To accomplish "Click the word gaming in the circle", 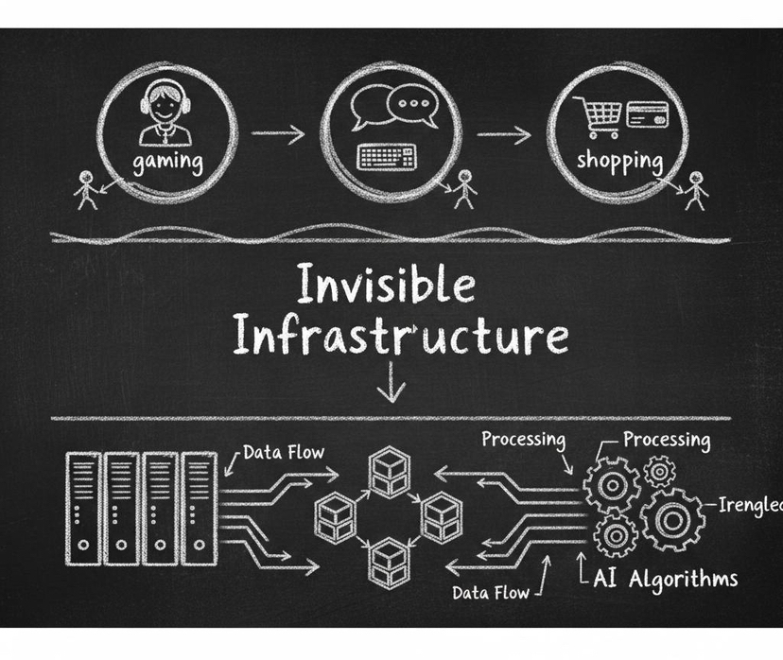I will click(167, 160).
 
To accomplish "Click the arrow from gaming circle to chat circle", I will click(278, 134).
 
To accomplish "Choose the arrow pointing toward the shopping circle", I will click(503, 134).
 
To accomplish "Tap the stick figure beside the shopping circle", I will click(697, 189).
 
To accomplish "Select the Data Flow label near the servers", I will click(283, 452).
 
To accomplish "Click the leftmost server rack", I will click(83, 506).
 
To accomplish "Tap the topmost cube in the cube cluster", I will click(385, 470).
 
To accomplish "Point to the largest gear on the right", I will click(673, 519).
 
